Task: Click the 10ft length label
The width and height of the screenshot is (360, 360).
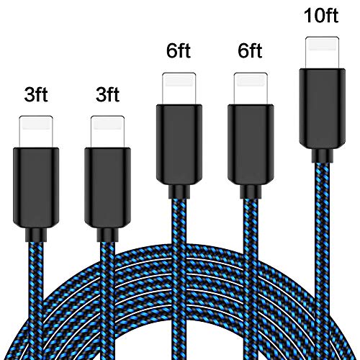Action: [321, 15]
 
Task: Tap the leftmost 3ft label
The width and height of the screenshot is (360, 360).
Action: [36, 94]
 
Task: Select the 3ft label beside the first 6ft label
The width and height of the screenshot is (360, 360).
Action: [107, 94]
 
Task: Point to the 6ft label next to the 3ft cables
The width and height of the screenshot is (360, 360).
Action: [179, 50]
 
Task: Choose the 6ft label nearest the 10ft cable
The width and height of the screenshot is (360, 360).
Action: [250, 50]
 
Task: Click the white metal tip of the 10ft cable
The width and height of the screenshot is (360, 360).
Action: [323, 53]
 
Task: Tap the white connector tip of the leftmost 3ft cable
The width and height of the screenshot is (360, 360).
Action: [36, 132]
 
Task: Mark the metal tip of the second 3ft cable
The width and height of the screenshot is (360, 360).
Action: [107, 132]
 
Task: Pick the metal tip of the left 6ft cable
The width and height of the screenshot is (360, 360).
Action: [179, 89]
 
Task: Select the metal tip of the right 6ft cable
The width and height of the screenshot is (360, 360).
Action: [251, 89]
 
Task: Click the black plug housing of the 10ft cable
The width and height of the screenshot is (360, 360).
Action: [323, 109]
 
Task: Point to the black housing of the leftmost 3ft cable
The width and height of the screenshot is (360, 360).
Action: [36, 188]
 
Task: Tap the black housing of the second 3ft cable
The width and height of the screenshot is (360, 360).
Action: [107, 188]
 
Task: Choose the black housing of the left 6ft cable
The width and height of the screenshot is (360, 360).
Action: [179, 145]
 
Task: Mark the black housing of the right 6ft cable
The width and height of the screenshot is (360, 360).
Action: [251, 145]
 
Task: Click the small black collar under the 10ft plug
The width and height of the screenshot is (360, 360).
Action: [323, 156]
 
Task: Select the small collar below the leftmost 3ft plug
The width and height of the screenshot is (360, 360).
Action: [36, 235]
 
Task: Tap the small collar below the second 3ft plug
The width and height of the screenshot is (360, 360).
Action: [107, 235]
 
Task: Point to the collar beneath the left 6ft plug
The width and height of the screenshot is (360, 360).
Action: [179, 192]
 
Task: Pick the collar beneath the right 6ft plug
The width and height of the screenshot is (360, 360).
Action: [251, 192]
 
